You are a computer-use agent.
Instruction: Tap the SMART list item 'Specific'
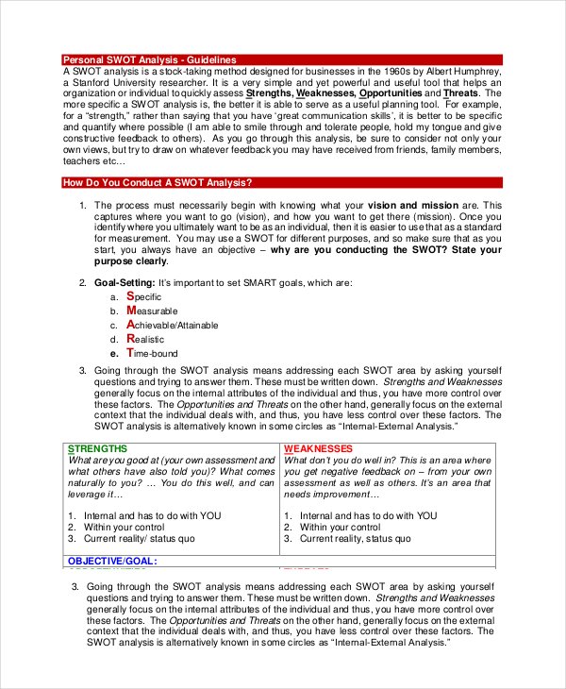pyautogui.click(x=142, y=296)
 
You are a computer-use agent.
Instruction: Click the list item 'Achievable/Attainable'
pyautogui.click(x=176, y=325)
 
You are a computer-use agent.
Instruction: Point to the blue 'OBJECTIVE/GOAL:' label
pyautogui.click(x=111, y=561)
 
